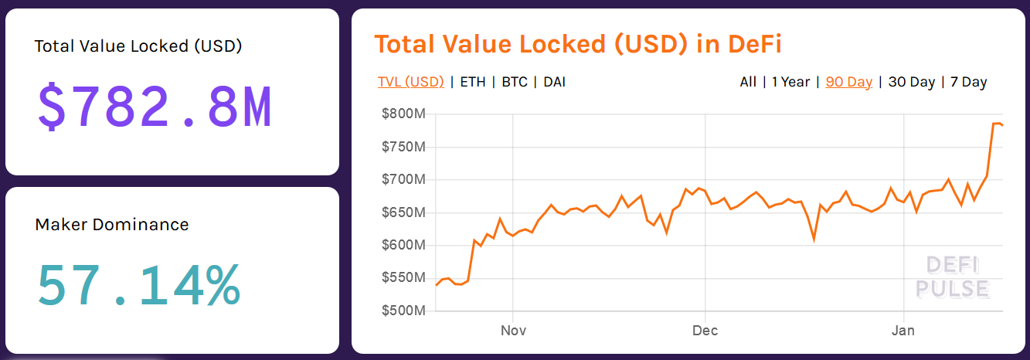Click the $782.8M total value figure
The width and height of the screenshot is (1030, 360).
(155, 107)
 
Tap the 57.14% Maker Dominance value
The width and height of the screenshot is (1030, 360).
(139, 286)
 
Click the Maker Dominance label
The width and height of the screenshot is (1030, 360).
(112, 225)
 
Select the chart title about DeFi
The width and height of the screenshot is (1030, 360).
(578, 44)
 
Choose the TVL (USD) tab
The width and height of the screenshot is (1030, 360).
(410, 82)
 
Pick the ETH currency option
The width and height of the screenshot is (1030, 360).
(473, 82)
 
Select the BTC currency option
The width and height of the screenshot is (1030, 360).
(515, 82)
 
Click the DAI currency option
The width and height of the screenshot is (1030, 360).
(554, 82)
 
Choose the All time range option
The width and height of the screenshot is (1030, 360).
(748, 82)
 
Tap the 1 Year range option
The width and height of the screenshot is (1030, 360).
(790, 82)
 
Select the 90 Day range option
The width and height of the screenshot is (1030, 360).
(848, 82)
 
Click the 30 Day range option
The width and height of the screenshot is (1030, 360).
(912, 82)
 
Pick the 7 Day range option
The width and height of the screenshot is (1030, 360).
(968, 82)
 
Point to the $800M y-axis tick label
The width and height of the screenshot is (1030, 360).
(403, 114)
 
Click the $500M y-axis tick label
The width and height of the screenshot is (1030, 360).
(403, 311)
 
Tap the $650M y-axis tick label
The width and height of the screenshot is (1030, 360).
(403, 212)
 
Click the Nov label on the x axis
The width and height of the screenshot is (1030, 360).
(513, 331)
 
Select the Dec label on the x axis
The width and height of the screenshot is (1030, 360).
(705, 331)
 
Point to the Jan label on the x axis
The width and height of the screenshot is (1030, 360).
(903, 331)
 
